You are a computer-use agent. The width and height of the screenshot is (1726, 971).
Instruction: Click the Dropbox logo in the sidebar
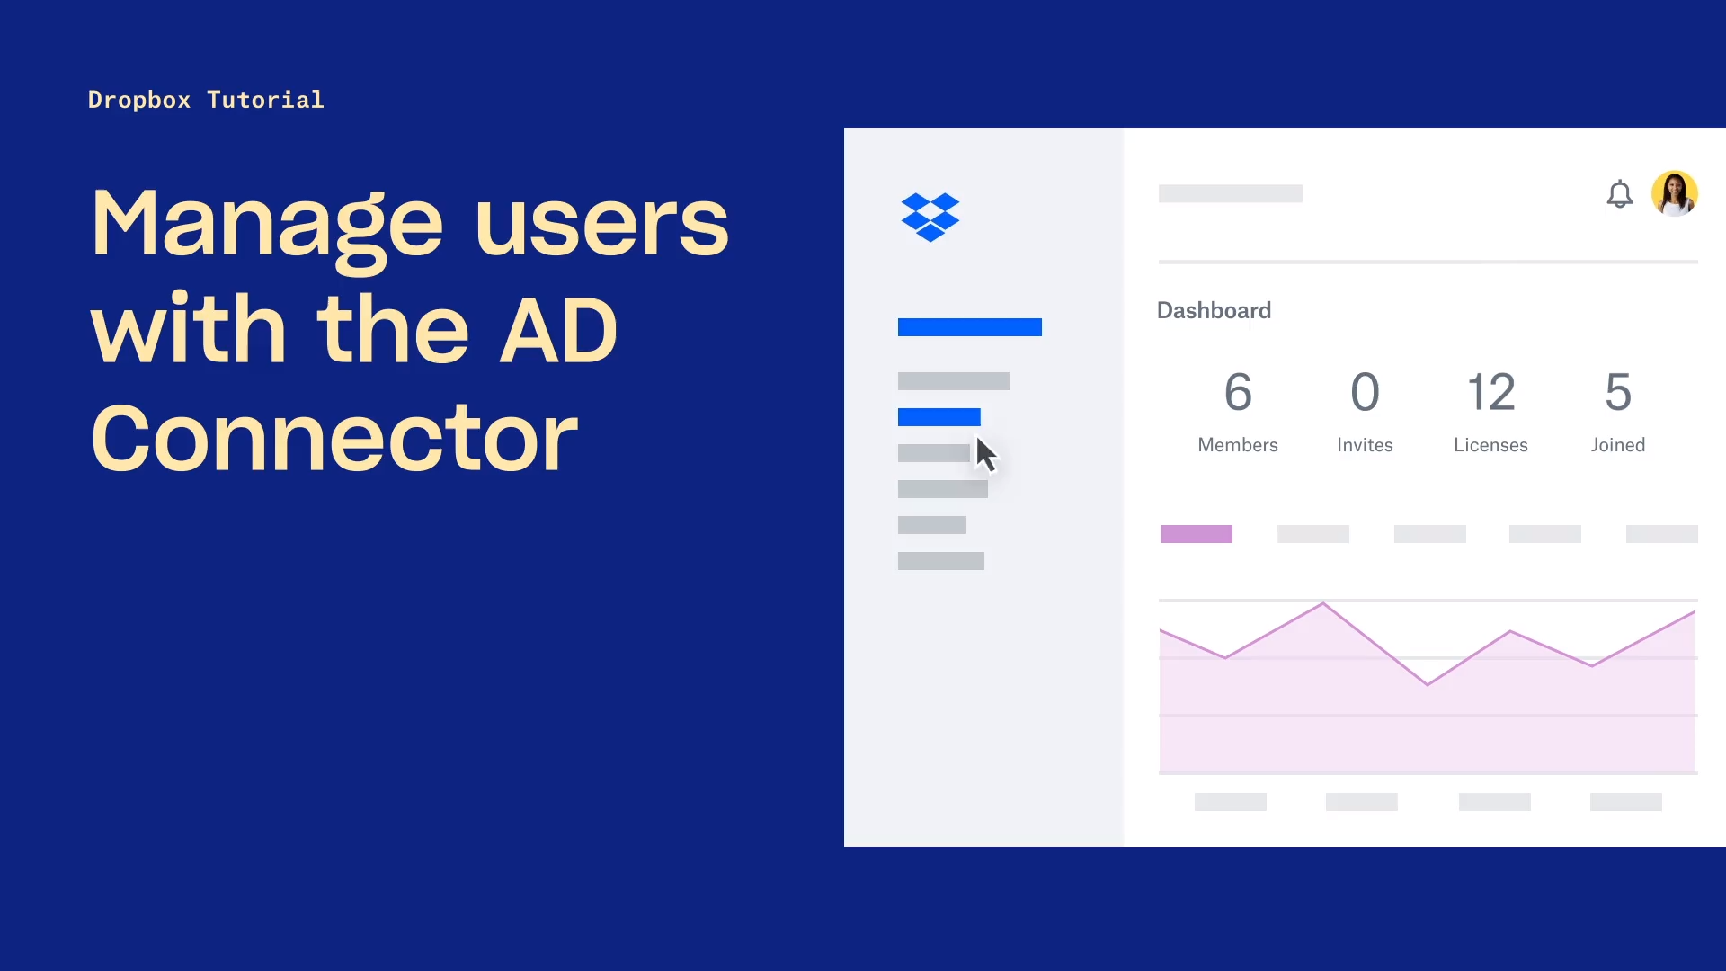pyautogui.click(x=930, y=217)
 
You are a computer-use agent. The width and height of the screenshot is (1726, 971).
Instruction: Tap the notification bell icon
pyautogui.click(x=1619, y=194)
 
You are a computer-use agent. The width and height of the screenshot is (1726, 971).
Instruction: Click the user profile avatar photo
pyautogui.click(x=1674, y=194)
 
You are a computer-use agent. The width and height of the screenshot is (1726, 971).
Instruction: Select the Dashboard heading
pyautogui.click(x=1214, y=310)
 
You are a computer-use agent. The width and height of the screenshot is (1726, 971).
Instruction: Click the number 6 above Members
pyautogui.click(x=1238, y=392)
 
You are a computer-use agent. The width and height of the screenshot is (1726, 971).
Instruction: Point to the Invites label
pyautogui.click(x=1365, y=445)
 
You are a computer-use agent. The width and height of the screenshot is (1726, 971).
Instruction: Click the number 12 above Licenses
pyautogui.click(x=1490, y=392)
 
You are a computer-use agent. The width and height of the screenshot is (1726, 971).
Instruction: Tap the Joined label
pyautogui.click(x=1617, y=445)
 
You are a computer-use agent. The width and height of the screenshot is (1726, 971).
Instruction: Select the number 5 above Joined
pyautogui.click(x=1618, y=392)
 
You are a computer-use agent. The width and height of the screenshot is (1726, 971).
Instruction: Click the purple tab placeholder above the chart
pyautogui.click(x=1196, y=534)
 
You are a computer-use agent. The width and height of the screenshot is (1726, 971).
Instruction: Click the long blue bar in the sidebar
pyautogui.click(x=969, y=327)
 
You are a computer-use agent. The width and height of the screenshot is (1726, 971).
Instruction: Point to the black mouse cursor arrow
pyautogui.click(x=985, y=454)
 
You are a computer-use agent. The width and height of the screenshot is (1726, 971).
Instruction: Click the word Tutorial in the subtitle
pyautogui.click(x=265, y=100)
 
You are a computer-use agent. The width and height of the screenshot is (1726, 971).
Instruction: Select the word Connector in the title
pyautogui.click(x=334, y=438)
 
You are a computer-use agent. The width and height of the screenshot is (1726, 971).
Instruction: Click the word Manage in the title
pyautogui.click(x=267, y=225)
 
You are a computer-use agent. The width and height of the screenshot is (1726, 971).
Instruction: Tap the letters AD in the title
pyautogui.click(x=558, y=331)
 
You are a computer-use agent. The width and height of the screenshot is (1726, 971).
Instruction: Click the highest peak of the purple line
pyautogui.click(x=1323, y=603)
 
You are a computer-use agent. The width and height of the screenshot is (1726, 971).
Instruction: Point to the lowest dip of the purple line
pyautogui.click(x=1428, y=685)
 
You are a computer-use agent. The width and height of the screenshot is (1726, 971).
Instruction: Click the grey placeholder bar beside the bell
pyautogui.click(x=1230, y=193)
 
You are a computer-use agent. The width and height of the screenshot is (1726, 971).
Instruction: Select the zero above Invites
pyautogui.click(x=1365, y=392)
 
